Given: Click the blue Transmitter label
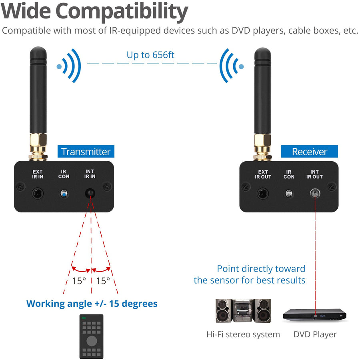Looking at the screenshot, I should point(85,152).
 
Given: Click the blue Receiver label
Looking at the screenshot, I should point(309,152).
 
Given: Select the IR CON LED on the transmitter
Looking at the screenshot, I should point(63,194).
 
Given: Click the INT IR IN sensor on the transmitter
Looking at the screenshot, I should point(90,194).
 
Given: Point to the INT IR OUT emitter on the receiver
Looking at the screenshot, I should point(314,194).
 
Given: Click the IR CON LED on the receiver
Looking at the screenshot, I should point(288,194).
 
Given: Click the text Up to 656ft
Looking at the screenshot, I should point(150,55).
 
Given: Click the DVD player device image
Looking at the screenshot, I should point(314,315).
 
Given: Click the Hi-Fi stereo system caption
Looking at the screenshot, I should point(243,334).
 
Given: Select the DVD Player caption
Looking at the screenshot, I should point(315,334).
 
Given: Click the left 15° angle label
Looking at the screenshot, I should point(79,281).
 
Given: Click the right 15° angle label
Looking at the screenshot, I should point(103,281).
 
